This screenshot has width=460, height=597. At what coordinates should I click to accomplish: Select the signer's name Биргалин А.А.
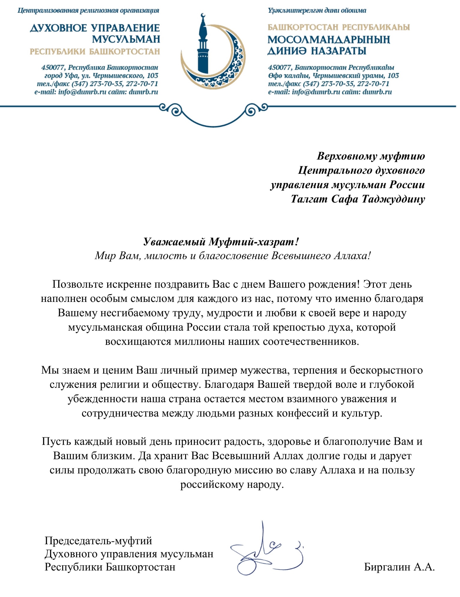pos(399,567)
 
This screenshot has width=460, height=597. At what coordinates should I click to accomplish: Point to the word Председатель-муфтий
pos(98,540)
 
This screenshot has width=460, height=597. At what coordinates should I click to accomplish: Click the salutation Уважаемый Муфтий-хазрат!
pos(221,242)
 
